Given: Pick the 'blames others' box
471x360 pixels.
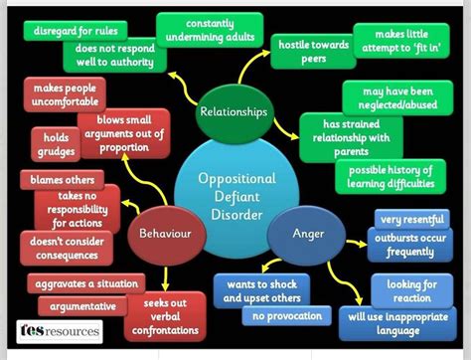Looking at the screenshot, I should tap(62, 180).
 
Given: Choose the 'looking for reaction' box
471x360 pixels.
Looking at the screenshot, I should tap(405, 291).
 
